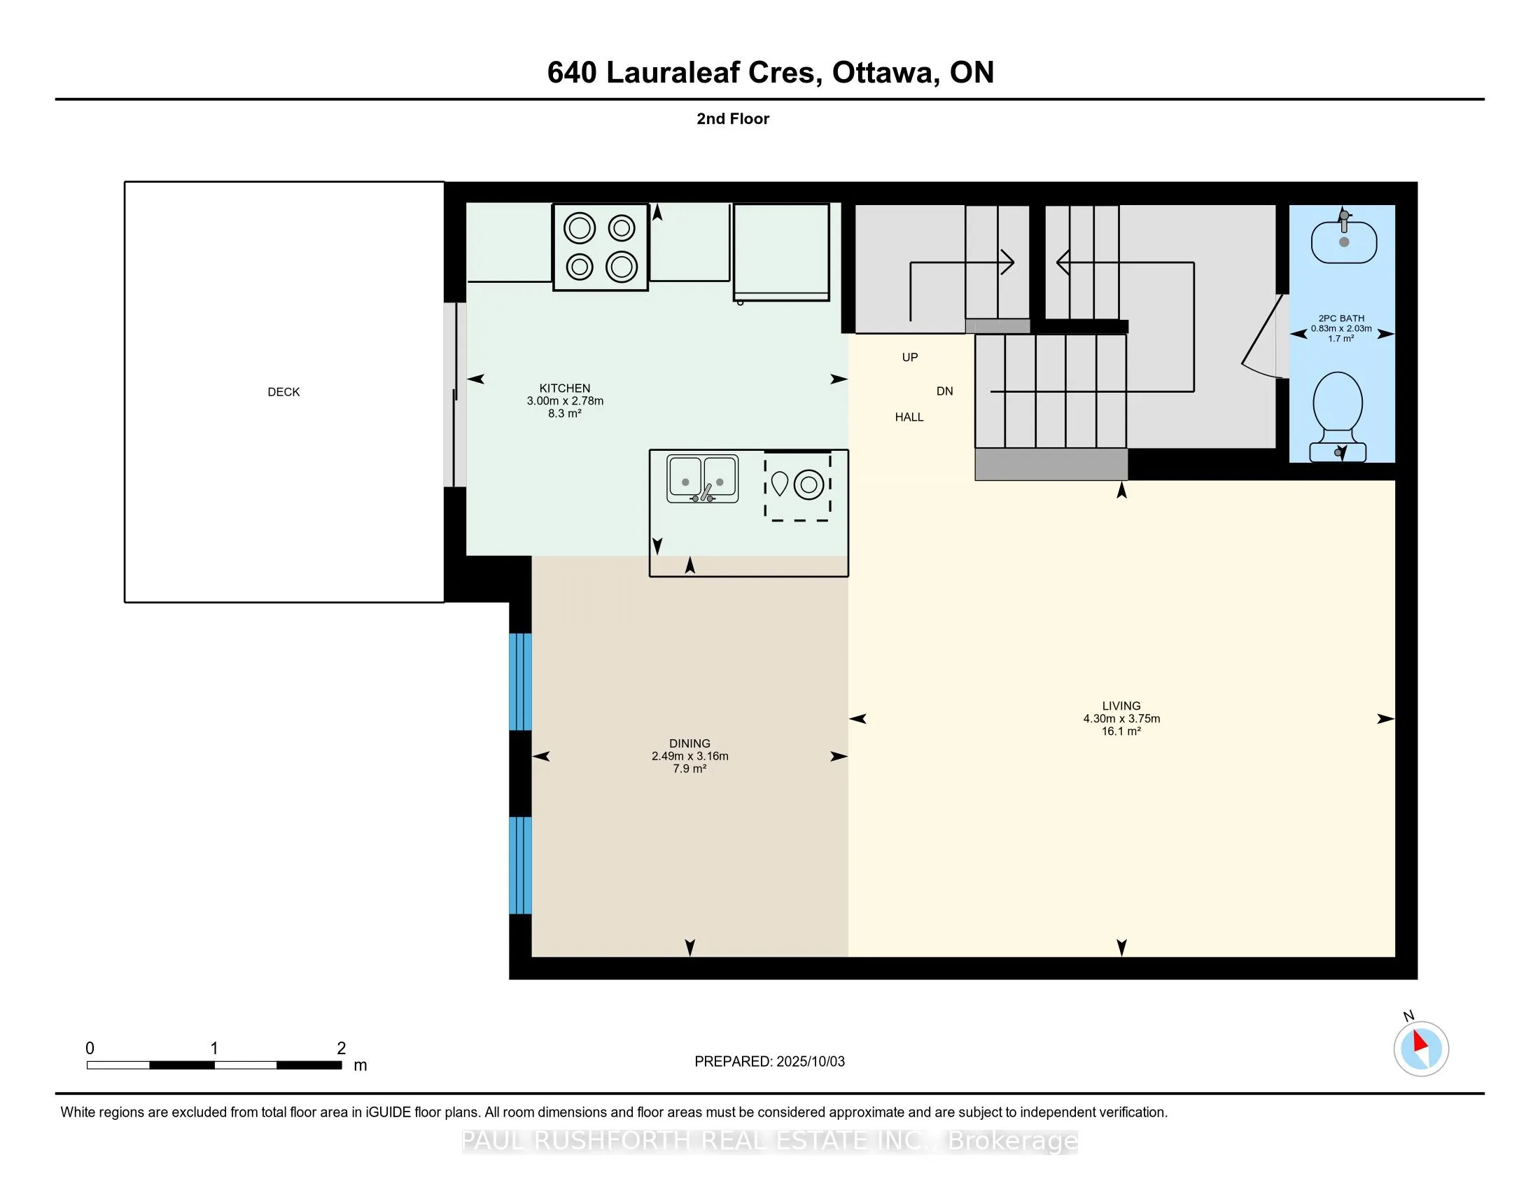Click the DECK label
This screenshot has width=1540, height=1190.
coord(283,392)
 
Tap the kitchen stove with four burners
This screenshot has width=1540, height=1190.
coord(601,247)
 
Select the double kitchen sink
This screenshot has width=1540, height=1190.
coord(702,479)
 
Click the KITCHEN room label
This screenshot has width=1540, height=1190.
coord(565,388)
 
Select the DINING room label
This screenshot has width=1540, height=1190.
coord(689,743)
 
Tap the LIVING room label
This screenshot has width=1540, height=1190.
coord(1121,706)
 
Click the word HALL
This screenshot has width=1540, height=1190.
coord(909,417)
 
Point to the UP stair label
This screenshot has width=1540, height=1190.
coord(909,358)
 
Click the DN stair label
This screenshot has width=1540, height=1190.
coord(945,391)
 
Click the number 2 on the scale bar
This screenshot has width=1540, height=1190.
coord(342,1049)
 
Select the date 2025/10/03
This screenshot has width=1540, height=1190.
coord(810,1062)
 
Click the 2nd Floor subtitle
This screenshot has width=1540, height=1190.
coord(733,119)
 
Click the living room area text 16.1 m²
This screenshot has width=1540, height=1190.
coord(1121,731)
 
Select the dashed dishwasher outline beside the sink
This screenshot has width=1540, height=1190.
coord(798,486)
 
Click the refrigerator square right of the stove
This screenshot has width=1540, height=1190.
coord(781,253)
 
